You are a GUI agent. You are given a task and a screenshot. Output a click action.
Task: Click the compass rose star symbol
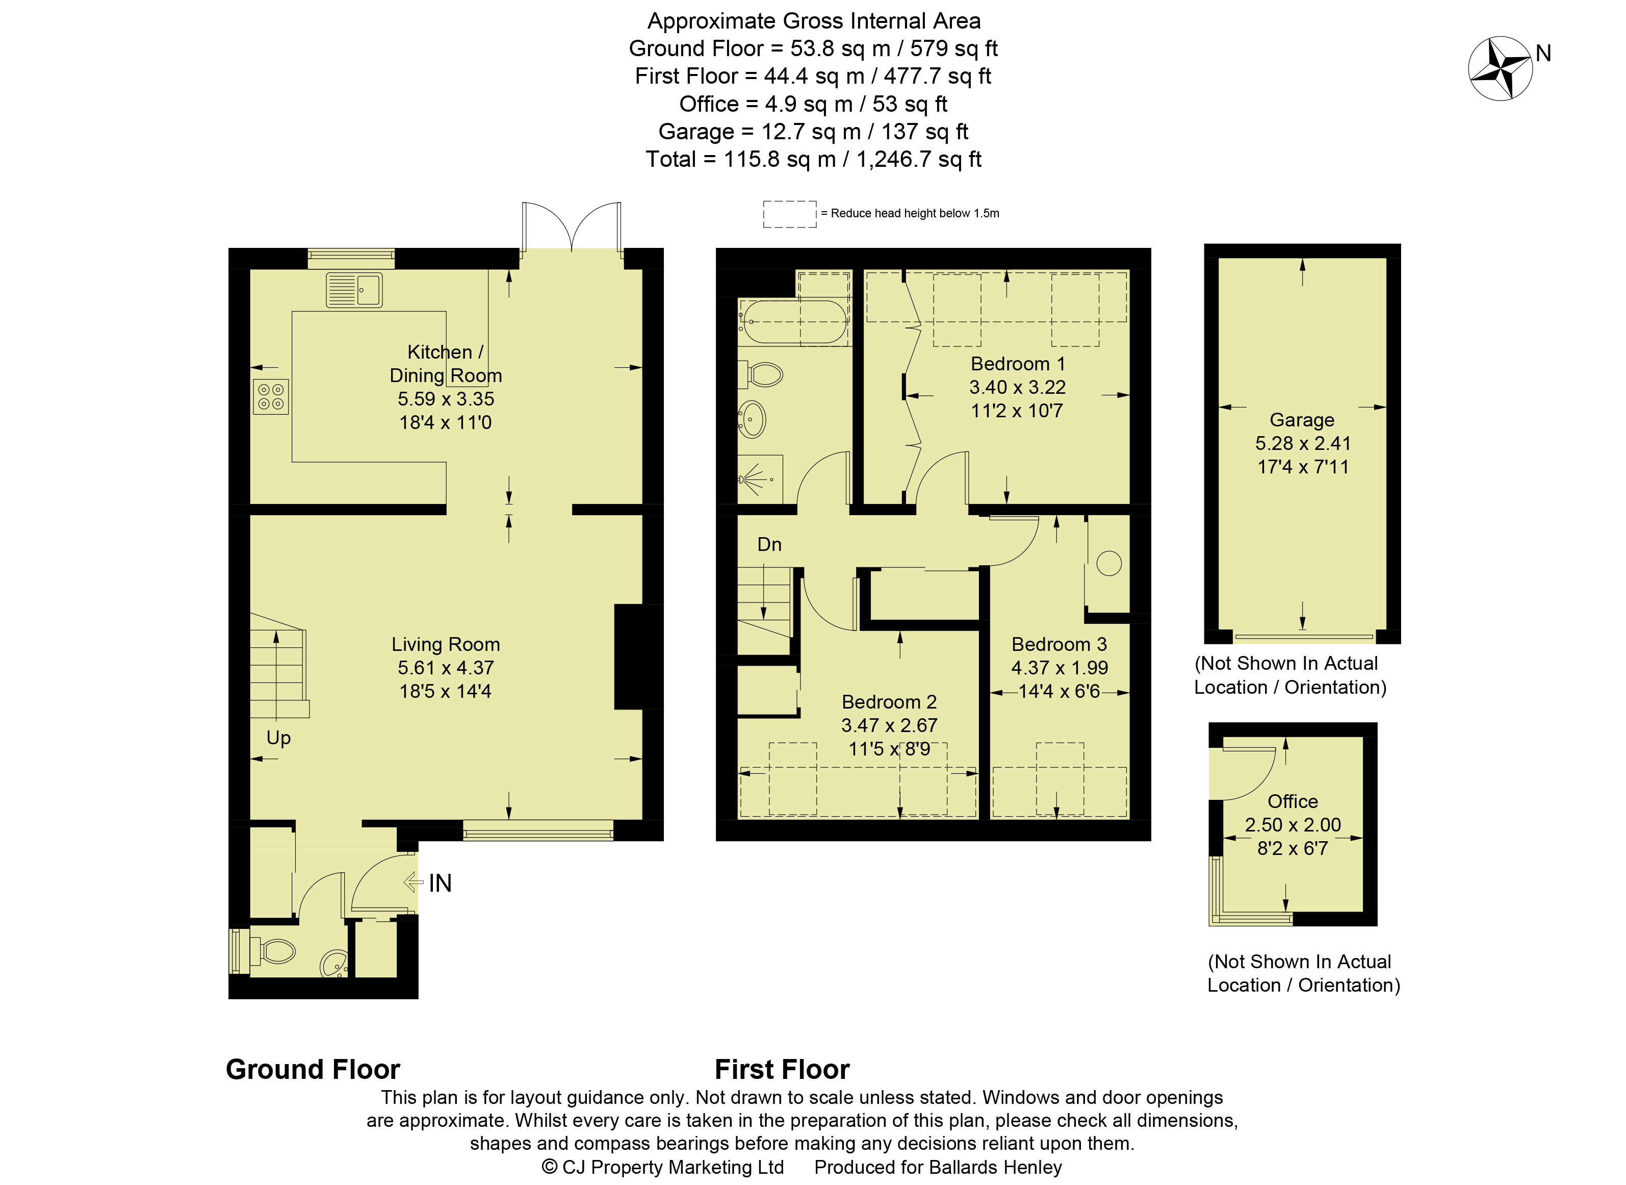pos(1500,68)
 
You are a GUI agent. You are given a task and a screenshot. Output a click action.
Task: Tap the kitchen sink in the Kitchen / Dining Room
pos(354,290)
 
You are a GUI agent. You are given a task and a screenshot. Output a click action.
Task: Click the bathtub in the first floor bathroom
pos(794,321)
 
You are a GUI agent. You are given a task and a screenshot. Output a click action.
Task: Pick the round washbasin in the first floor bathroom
pos(752,419)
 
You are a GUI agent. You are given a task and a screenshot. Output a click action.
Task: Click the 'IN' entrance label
pos(440,883)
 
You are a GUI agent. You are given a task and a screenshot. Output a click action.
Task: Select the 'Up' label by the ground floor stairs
pos(279,739)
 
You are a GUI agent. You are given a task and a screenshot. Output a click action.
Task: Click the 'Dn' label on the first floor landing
pos(769,544)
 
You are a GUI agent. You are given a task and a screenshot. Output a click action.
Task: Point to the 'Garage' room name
pos(1302,420)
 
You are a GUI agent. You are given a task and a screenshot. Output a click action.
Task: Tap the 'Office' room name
pos(1293,801)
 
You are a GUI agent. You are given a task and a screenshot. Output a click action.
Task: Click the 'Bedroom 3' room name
pos(1059,644)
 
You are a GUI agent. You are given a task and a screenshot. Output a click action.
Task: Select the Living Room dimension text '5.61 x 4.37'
pos(446,668)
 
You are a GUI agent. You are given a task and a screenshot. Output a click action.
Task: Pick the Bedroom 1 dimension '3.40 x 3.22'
pos(1017,387)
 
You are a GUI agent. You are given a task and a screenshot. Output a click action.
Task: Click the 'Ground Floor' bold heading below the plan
pos(313,1070)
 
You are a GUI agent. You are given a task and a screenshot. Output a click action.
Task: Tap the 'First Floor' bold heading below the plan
pos(782,1070)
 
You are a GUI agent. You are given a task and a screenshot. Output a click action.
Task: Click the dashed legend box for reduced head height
pos(789,214)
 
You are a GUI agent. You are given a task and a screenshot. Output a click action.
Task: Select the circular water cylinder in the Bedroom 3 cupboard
pos(1108,563)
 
